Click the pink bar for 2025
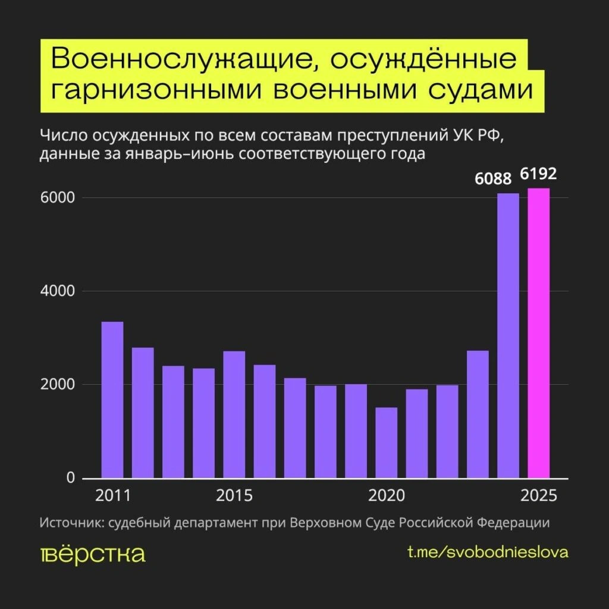[x=538, y=333]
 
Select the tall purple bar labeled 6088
[x=508, y=336]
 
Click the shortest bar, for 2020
[x=386, y=442]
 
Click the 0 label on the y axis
[x=70, y=478]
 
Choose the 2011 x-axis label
[x=112, y=496]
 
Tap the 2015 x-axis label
[x=234, y=496]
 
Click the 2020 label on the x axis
[x=387, y=496]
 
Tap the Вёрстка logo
[x=93, y=554]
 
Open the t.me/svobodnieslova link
[x=488, y=552]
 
